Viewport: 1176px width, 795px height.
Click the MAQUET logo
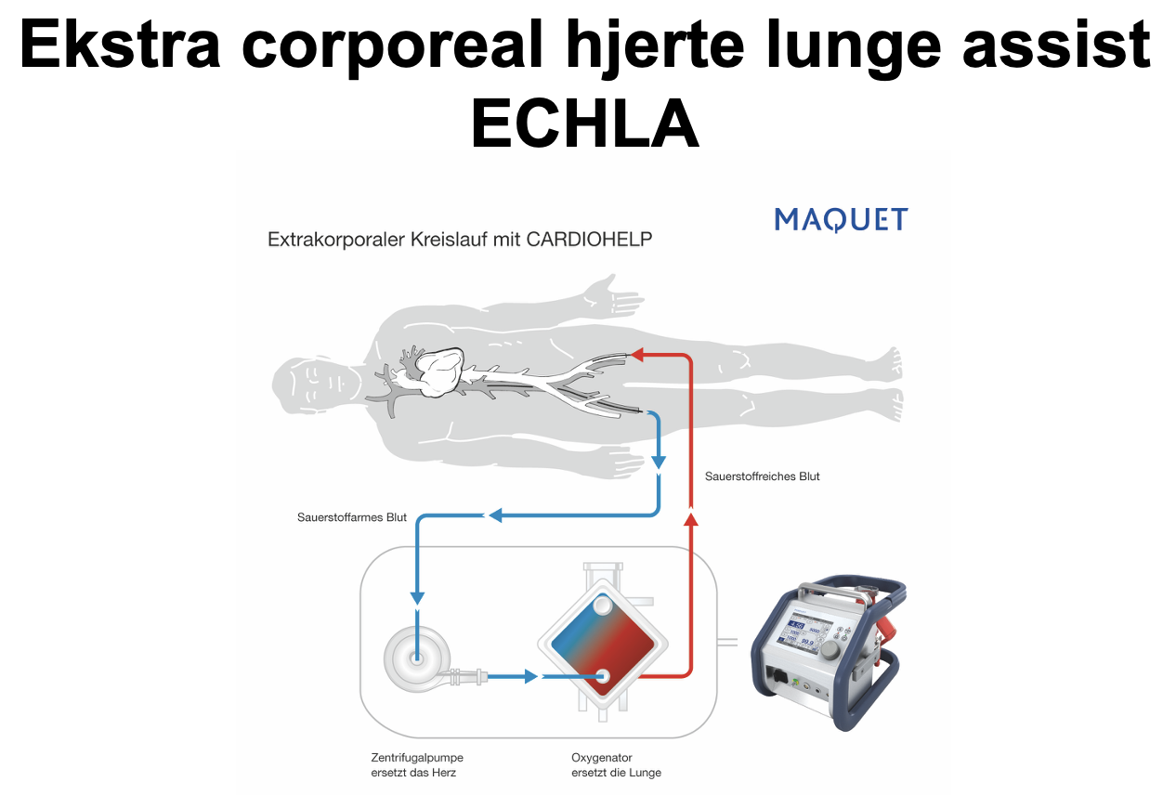[841, 220]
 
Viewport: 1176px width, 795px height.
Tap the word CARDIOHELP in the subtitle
[590, 240]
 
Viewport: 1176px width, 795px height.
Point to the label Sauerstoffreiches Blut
[762, 476]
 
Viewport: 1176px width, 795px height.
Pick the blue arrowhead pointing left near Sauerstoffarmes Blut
[495, 515]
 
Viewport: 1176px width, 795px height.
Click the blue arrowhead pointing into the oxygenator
[531, 677]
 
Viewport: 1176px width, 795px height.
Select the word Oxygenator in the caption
[601, 758]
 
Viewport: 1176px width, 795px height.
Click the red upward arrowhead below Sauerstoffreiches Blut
[690, 520]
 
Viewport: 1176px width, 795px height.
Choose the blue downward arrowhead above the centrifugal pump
[417, 595]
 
